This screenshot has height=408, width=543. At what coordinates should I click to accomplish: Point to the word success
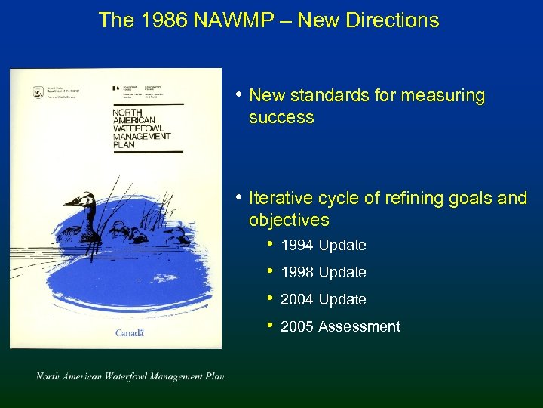[281, 118]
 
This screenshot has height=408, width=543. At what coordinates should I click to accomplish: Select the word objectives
[289, 221]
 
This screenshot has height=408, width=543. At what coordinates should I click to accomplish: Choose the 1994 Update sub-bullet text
[323, 246]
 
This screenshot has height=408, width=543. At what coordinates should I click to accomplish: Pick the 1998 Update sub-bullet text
[323, 273]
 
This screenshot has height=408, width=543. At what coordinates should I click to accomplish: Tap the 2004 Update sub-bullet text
[323, 300]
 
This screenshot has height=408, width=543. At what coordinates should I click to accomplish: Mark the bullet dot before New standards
[238, 95]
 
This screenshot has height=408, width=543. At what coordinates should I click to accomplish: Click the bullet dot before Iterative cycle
[238, 198]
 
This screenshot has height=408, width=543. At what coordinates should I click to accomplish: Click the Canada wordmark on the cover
[131, 333]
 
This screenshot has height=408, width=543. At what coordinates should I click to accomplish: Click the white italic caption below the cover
[130, 376]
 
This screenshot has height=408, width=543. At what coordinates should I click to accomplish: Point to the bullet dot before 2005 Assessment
[269, 326]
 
